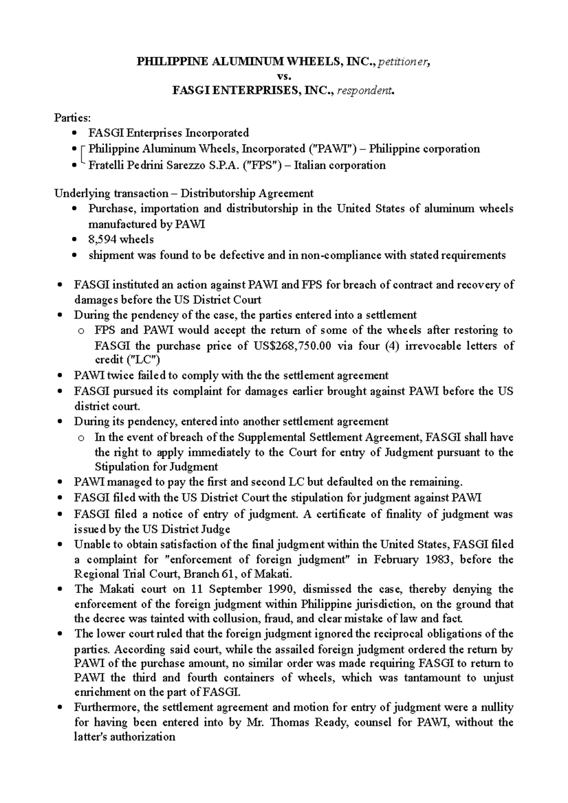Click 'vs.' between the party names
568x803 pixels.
click(284, 76)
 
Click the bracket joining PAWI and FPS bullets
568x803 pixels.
click(83, 157)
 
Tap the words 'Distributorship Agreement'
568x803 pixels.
click(247, 193)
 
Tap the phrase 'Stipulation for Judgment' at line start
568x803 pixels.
click(156, 467)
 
